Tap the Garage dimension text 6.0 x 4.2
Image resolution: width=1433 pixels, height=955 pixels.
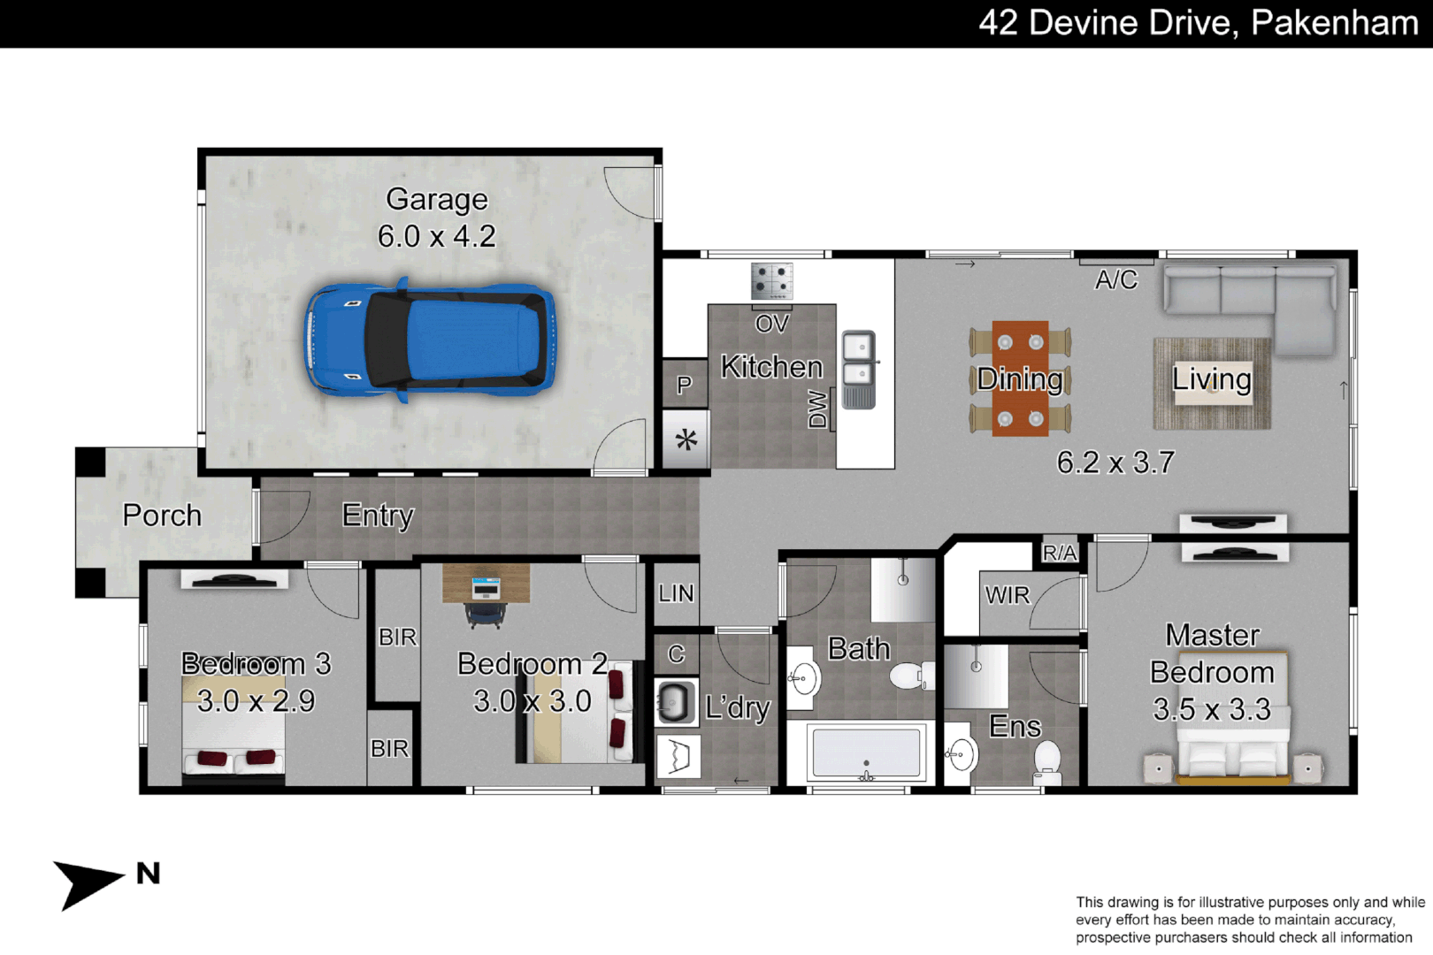pyautogui.click(x=436, y=237)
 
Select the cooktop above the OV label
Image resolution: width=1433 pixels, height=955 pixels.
pyautogui.click(x=771, y=282)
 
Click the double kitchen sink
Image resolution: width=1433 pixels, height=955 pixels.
pyautogui.click(x=858, y=369)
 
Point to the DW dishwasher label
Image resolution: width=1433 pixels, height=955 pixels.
pyautogui.click(x=818, y=410)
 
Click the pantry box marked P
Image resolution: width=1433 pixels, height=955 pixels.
pyautogui.click(x=684, y=386)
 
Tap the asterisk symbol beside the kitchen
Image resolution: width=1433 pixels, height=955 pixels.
pyautogui.click(x=686, y=439)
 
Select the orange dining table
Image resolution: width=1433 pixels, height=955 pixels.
pyautogui.click(x=1020, y=378)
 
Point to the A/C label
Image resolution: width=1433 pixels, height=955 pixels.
pyautogui.click(x=1115, y=280)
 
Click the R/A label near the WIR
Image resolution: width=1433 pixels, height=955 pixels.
pyautogui.click(x=1059, y=554)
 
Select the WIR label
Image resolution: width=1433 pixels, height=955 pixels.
pyautogui.click(x=1008, y=596)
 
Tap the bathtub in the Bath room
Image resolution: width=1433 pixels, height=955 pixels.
pyautogui.click(x=866, y=753)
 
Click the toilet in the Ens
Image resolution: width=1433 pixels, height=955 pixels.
pyautogui.click(x=1047, y=762)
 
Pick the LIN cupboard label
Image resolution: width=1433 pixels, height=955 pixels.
pyautogui.click(x=676, y=594)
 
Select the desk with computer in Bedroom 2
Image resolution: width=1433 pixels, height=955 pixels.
pyautogui.click(x=486, y=585)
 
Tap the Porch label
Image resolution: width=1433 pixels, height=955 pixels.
pyautogui.click(x=162, y=516)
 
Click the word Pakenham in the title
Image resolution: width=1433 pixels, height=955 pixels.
pyautogui.click(x=1334, y=23)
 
